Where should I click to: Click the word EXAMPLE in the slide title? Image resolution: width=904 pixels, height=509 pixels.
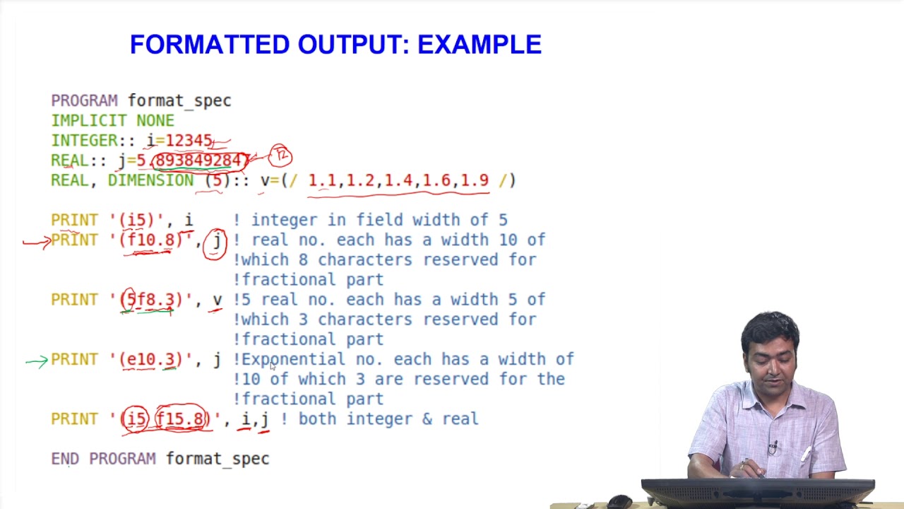480,45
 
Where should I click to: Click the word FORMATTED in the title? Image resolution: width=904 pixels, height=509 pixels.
210,45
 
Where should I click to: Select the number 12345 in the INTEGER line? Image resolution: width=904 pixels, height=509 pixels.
189,141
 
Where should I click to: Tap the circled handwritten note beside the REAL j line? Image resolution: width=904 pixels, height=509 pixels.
280,155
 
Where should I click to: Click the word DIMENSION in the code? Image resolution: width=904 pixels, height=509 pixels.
150,180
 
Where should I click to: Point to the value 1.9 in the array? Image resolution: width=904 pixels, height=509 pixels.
475,180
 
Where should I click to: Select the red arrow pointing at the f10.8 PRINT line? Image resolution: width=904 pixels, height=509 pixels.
36,242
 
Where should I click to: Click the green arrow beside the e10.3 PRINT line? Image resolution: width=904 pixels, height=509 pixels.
36,361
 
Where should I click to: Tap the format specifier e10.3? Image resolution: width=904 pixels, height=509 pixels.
150,359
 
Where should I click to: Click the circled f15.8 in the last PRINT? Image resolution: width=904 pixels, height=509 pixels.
182,419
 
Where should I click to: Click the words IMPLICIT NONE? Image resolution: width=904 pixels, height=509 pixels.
112,121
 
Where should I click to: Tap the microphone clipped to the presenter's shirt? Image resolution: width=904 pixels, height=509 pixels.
773,447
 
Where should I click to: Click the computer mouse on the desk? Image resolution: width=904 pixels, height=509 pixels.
619,501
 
